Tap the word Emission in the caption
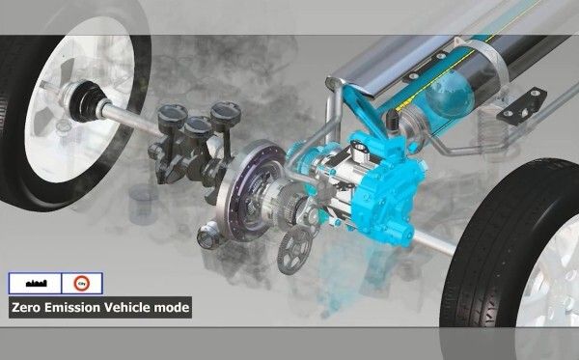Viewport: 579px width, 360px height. click(73, 309)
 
